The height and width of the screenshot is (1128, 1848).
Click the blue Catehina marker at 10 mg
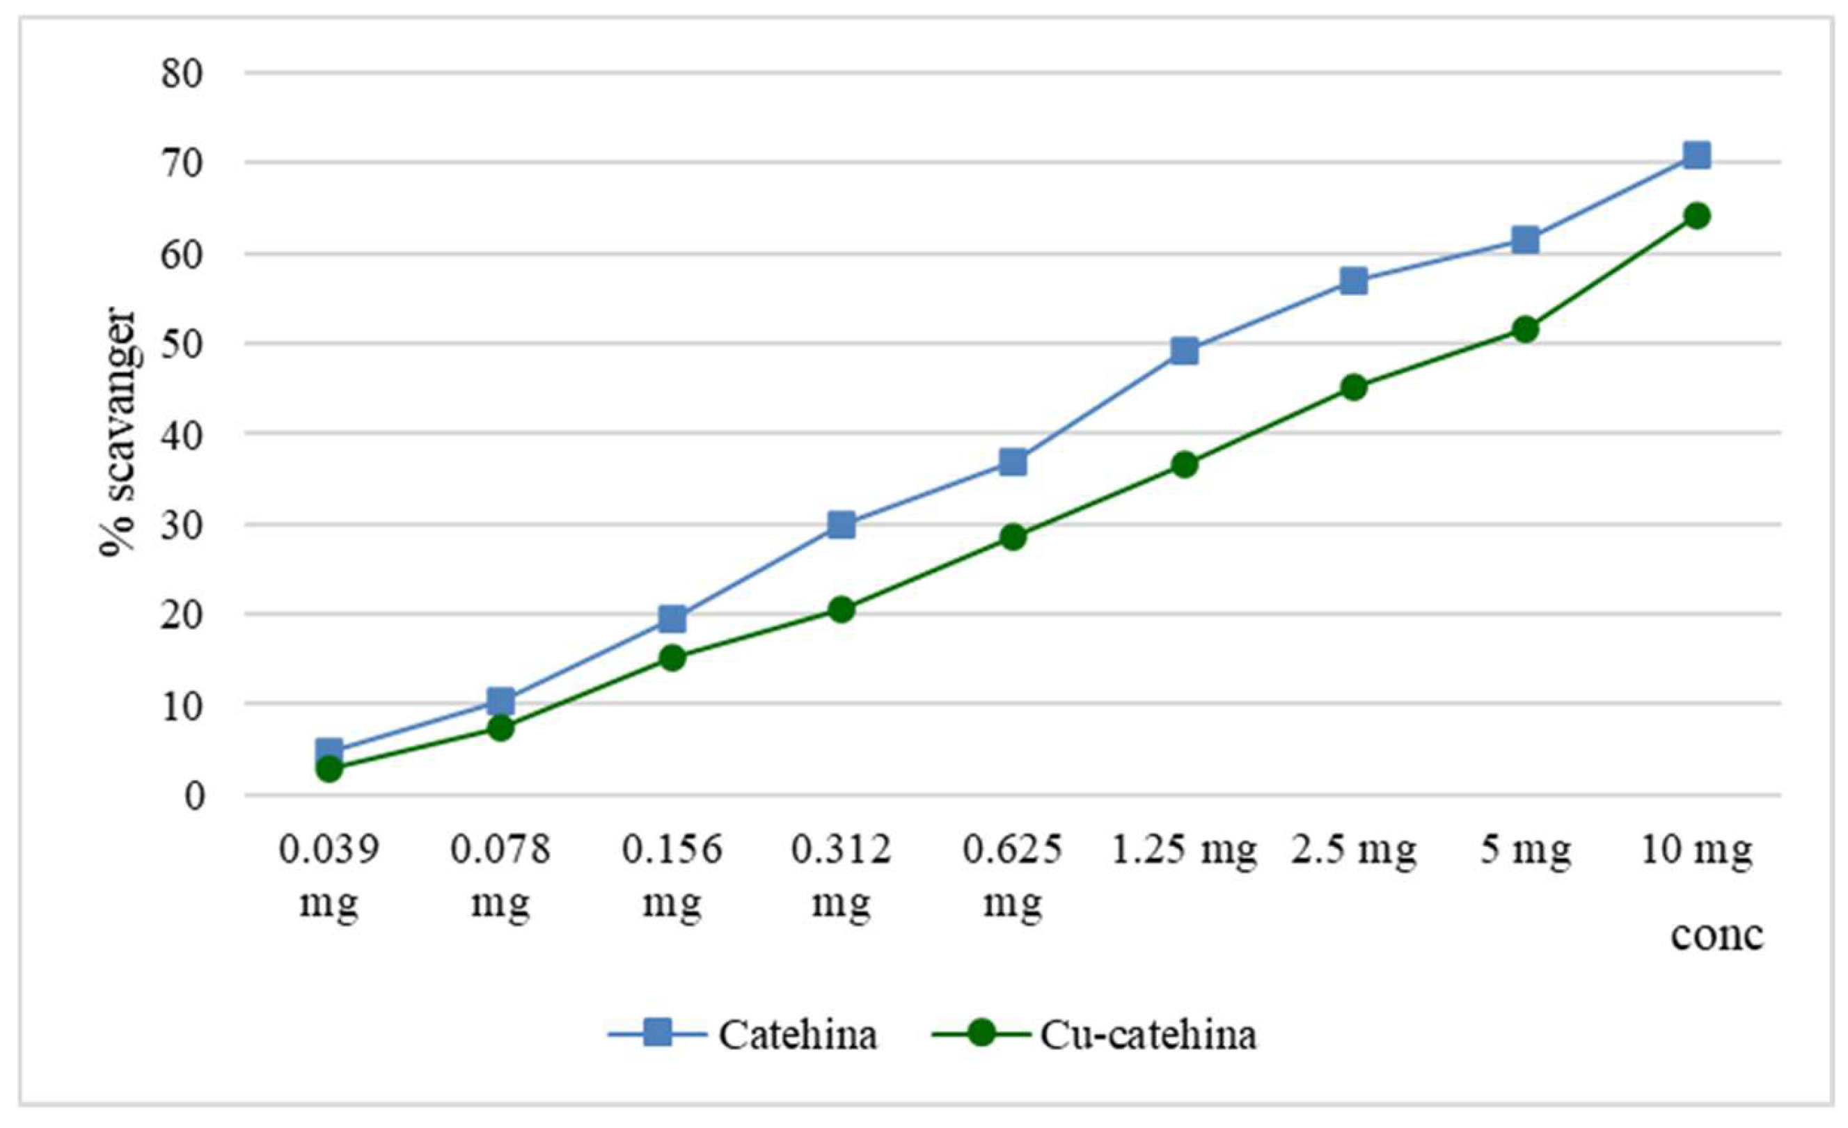point(1696,155)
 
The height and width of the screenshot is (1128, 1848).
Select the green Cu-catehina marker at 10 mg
point(1696,216)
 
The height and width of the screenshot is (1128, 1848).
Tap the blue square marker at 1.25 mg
point(1184,350)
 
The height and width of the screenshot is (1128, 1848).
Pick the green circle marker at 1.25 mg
point(1184,464)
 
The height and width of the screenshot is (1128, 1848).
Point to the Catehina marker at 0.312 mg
point(842,525)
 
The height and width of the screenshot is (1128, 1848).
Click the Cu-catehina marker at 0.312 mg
point(842,609)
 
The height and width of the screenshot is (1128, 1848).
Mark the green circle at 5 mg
point(1526,329)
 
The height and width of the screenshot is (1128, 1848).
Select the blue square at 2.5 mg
point(1354,281)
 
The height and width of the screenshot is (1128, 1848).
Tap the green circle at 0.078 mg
point(500,726)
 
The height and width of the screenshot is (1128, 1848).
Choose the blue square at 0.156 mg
point(672,619)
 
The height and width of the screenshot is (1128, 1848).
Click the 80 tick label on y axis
point(182,74)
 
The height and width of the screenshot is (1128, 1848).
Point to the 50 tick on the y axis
point(182,344)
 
